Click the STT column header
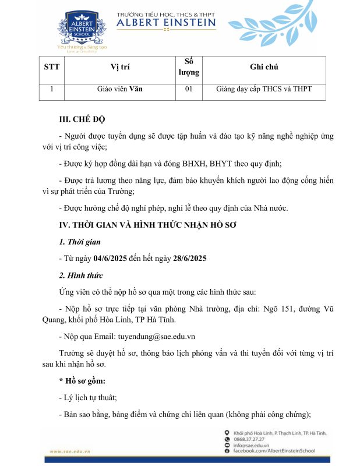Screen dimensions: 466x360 tap(52, 67)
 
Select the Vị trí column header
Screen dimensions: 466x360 tap(120, 67)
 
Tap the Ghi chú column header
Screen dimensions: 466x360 tap(264, 67)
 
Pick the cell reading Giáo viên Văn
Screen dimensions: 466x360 tap(120, 89)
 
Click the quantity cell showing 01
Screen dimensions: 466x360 tap(188, 89)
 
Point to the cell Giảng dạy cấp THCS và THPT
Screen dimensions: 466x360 tap(264, 89)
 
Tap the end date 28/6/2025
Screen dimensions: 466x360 tap(190, 258)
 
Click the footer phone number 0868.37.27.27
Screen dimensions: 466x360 tap(250, 440)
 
